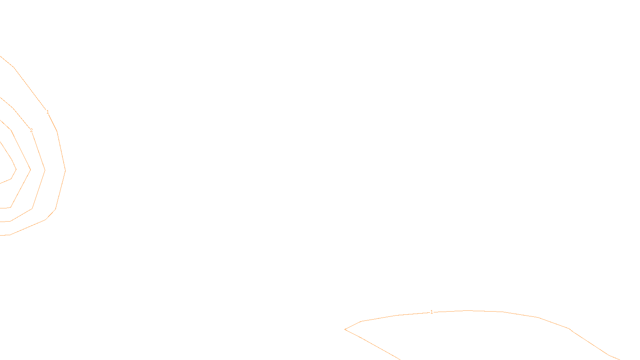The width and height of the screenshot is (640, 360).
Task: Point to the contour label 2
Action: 31,130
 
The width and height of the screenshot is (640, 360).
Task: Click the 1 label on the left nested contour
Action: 48,112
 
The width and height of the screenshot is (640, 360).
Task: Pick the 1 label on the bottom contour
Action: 432,312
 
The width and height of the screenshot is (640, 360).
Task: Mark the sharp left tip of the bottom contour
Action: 345,329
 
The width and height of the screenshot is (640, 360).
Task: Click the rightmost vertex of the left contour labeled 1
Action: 65,170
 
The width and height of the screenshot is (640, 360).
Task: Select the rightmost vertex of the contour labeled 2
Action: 45,170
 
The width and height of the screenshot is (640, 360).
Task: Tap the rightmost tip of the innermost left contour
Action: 16,170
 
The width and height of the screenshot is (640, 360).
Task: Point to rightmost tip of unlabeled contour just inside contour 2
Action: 30,170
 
